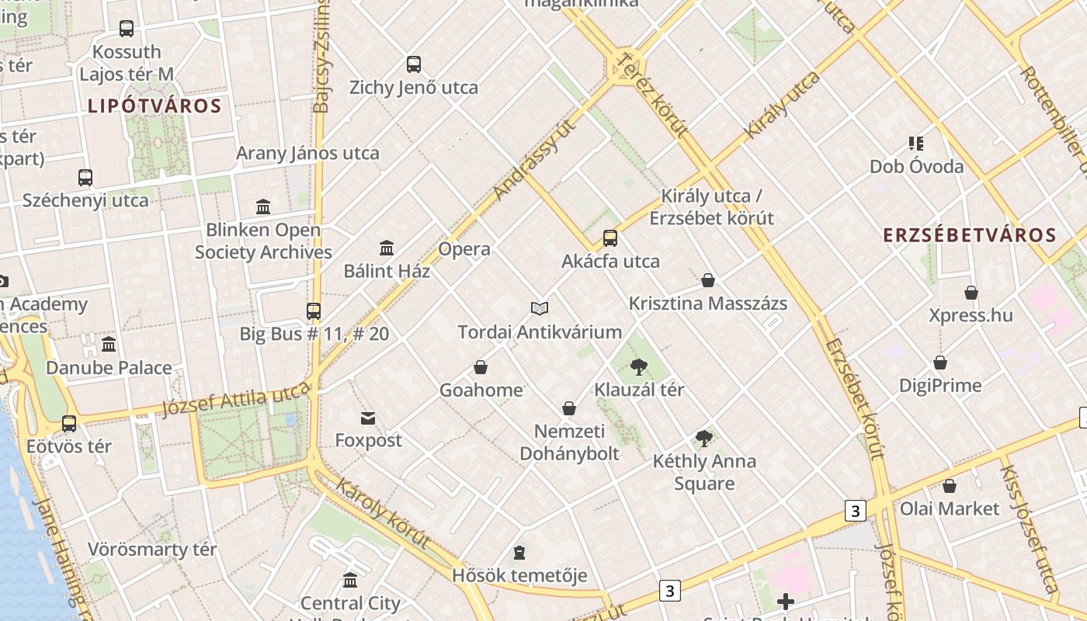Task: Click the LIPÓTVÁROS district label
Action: tap(155, 106)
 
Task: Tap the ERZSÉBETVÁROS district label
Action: tap(971, 235)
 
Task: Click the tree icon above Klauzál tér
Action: tap(639, 366)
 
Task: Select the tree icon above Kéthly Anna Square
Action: tap(704, 439)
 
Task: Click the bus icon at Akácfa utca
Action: tap(610, 238)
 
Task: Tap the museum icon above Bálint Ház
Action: tap(387, 248)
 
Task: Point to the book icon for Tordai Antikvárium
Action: tap(540, 309)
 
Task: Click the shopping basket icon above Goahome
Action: tap(481, 367)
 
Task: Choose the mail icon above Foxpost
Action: tap(368, 418)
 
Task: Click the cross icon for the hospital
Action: tap(786, 602)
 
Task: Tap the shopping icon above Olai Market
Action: tap(949, 487)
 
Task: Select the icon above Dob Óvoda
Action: tap(916, 144)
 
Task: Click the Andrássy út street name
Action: tap(536, 159)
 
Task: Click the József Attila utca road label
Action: tap(236, 401)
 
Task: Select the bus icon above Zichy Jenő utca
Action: tap(414, 64)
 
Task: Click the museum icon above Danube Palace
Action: tap(109, 345)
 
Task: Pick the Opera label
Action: tap(464, 249)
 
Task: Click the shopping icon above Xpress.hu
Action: tap(971, 293)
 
